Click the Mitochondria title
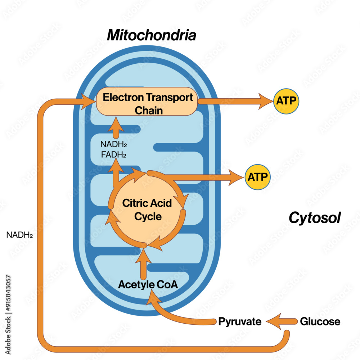tap(152, 36)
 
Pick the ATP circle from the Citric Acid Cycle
tap(258, 177)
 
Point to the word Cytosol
tap(315, 218)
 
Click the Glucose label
tap(320, 321)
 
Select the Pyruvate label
tap(240, 321)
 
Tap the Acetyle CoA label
tap(148, 284)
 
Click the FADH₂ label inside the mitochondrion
tap(114, 155)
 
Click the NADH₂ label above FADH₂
tap(114, 145)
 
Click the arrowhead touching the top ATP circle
tap(265, 101)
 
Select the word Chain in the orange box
tap(148, 110)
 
